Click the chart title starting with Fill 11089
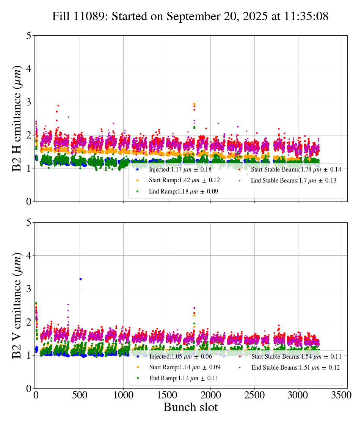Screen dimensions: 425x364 tap(190, 16)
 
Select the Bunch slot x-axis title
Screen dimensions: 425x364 tap(190, 407)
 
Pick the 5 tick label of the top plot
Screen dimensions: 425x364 tap(29, 36)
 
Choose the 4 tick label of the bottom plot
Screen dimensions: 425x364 tap(29, 256)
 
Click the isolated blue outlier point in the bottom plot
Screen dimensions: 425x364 tap(80, 279)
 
